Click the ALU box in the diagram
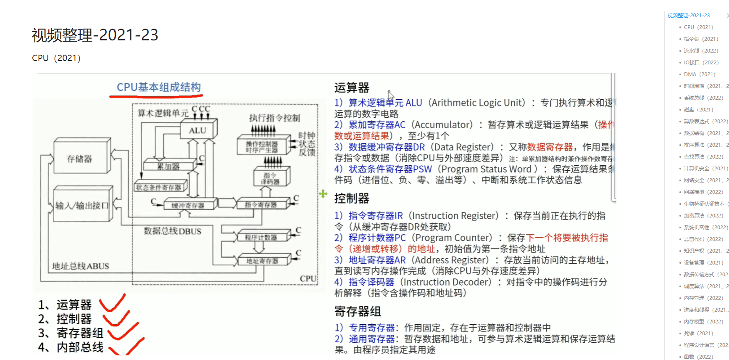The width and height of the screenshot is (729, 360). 198,130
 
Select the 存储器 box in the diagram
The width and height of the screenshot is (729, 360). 80,159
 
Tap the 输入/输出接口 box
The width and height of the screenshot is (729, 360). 82,206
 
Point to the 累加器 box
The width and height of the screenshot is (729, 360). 168,167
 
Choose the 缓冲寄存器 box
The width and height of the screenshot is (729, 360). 187,205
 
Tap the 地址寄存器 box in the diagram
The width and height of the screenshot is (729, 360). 262,261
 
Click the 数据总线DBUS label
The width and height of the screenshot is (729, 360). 173,231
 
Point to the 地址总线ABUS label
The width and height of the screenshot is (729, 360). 81,266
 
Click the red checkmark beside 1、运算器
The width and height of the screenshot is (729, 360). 112,303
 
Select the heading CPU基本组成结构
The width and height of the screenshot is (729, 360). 158,87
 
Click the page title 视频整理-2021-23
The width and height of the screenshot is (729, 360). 95,35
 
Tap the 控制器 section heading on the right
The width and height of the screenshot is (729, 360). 352,199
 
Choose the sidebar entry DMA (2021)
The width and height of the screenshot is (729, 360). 699,74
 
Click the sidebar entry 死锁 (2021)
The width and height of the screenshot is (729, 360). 698,333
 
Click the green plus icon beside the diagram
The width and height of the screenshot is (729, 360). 323,193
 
